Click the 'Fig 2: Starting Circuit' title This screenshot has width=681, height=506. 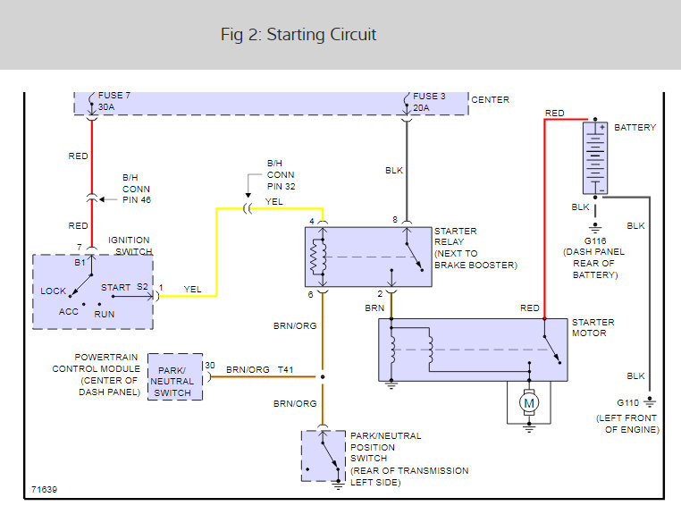(x=298, y=35)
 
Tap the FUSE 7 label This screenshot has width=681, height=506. (x=113, y=95)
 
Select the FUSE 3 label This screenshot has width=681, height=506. (x=429, y=96)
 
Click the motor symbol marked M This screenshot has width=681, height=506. (x=529, y=403)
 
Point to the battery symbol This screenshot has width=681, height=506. (x=595, y=158)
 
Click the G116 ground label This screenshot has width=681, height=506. (x=595, y=240)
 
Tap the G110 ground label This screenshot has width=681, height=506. (x=627, y=402)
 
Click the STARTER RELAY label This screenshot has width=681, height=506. (x=455, y=236)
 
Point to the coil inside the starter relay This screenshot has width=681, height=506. (x=317, y=257)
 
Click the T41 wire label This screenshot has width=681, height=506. (x=285, y=369)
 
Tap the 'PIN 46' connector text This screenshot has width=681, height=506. (x=137, y=199)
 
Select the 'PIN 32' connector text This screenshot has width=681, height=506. (x=281, y=186)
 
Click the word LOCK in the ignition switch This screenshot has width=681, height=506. (x=53, y=291)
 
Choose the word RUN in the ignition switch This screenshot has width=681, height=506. (x=105, y=314)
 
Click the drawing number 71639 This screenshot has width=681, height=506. (x=44, y=490)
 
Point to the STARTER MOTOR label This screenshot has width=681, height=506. (x=593, y=327)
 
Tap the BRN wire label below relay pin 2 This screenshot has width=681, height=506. (x=374, y=308)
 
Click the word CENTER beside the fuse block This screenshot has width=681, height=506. (x=491, y=99)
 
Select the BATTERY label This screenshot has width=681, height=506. (x=635, y=127)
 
